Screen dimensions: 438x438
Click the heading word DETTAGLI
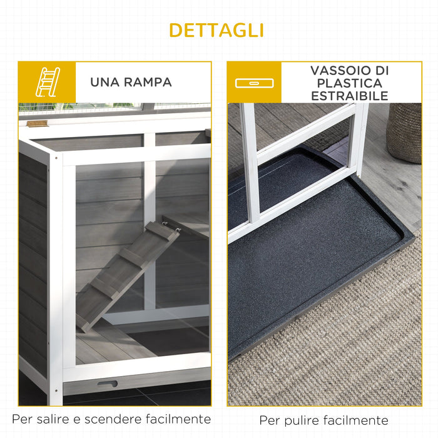pos(216,30)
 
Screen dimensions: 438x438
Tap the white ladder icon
pos(47,82)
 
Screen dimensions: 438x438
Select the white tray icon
pos(253,83)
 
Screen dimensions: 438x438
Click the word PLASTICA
pos(350,83)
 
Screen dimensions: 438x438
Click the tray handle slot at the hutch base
pos(107,384)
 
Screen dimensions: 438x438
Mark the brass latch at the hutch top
pos(37,123)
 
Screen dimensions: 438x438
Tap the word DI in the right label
pos(380,70)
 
